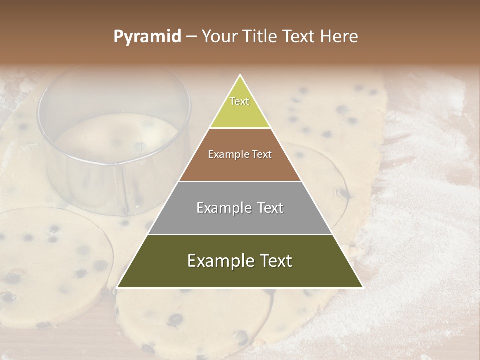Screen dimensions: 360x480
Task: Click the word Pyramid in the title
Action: pyautogui.click(x=147, y=37)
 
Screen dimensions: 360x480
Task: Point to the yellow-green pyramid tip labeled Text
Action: pyautogui.click(x=240, y=107)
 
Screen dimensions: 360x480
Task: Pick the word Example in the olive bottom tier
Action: pyautogui.click(x=219, y=261)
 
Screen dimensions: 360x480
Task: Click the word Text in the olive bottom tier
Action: pyautogui.click(x=276, y=261)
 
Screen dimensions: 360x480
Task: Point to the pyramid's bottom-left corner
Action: pyautogui.click(x=117, y=287)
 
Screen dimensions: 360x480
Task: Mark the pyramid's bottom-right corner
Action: pyautogui.click(x=363, y=287)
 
